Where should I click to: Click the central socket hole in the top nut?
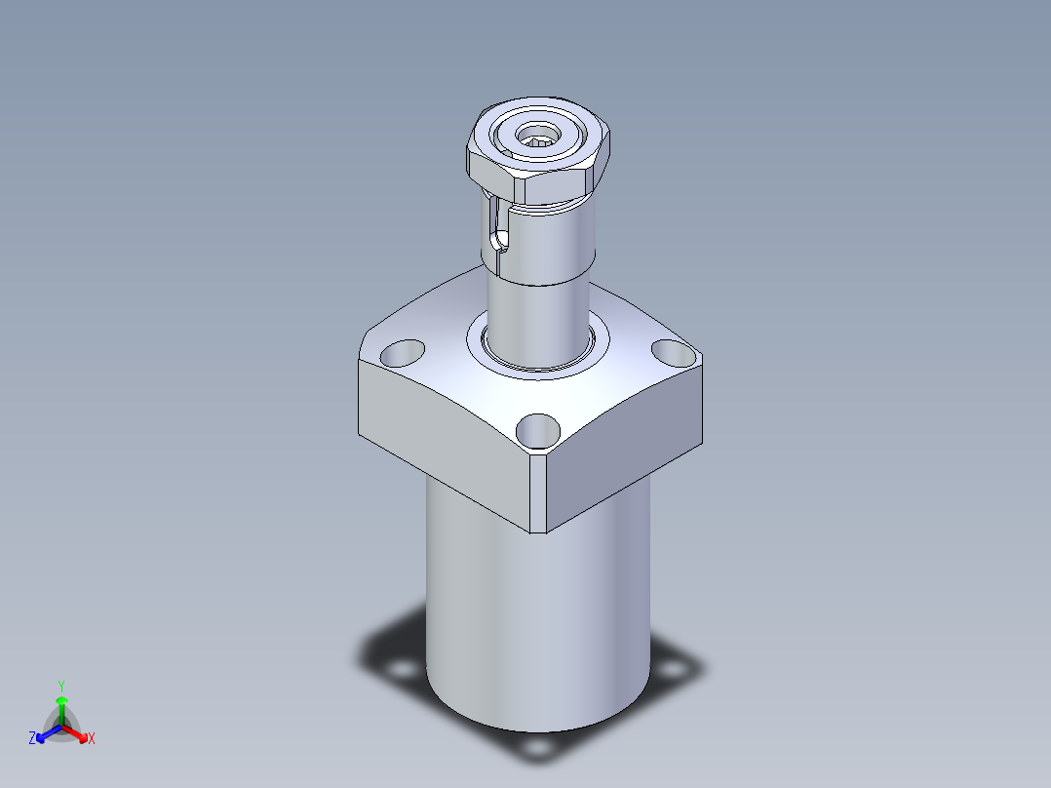pyautogui.click(x=537, y=136)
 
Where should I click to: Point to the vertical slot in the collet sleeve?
pyautogui.click(x=497, y=229)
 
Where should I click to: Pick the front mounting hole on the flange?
pyautogui.click(x=537, y=429)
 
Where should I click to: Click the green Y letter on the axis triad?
pyautogui.click(x=61, y=686)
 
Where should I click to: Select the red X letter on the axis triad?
pyautogui.click(x=92, y=739)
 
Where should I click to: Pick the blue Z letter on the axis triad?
pyautogui.click(x=32, y=739)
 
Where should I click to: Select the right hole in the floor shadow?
pyautogui.click(x=671, y=672)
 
